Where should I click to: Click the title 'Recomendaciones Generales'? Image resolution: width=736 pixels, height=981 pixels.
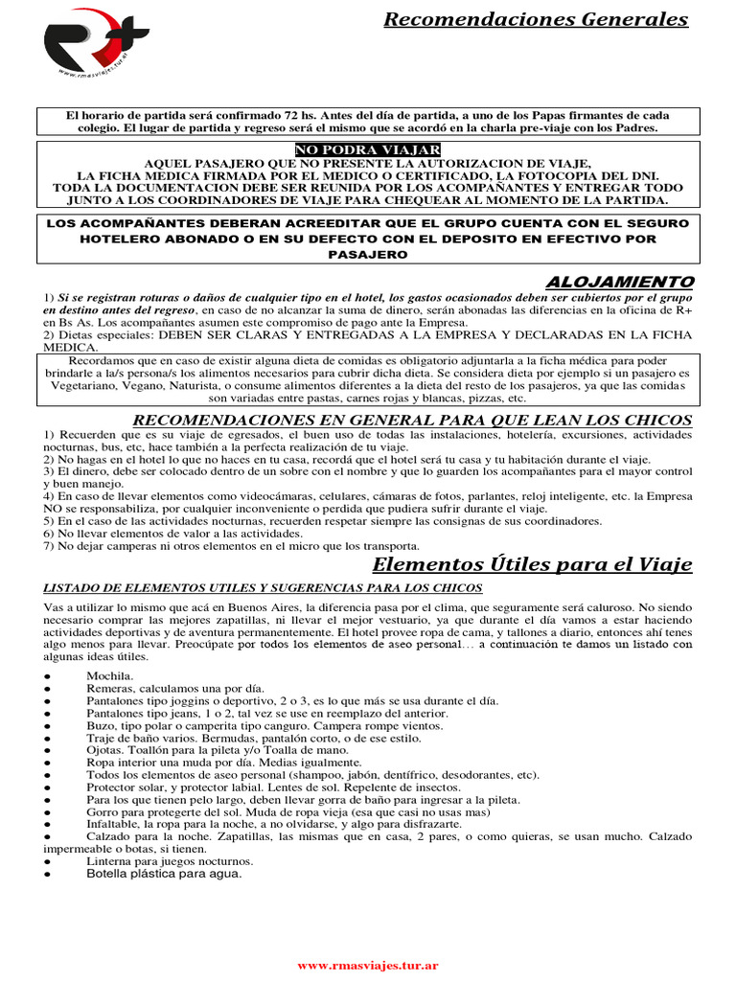pos(536,20)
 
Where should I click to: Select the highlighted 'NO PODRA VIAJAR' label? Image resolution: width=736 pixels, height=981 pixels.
pos(368,150)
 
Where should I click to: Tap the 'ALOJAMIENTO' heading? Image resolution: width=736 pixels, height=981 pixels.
pos(619,281)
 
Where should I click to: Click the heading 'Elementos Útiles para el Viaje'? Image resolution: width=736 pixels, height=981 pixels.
pos(532,563)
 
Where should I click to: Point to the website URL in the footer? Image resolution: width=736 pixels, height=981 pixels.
pos(368,966)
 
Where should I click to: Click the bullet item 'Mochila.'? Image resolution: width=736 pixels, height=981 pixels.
pos(106,676)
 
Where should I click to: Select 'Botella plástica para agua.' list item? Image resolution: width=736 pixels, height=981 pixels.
pos(164,874)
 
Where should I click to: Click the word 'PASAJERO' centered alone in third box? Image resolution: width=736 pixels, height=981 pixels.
pos(368,254)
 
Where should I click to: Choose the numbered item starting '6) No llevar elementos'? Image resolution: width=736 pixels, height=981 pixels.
pos(173,533)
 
